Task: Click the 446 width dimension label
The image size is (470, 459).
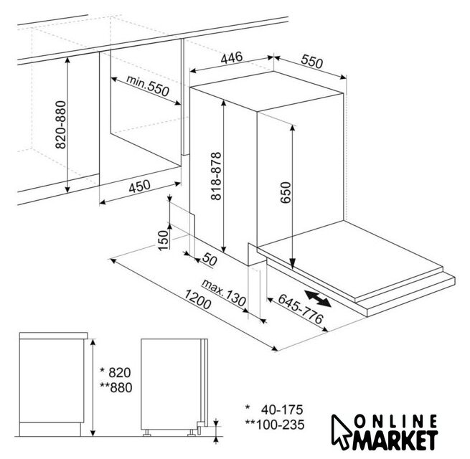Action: (x=231, y=57)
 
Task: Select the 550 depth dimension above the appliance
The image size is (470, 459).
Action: (x=312, y=61)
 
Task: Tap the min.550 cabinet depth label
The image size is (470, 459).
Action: (x=148, y=85)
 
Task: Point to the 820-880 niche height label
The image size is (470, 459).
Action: (x=60, y=125)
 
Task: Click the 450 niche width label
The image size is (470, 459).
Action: (x=139, y=186)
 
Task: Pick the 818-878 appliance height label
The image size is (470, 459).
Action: (x=216, y=176)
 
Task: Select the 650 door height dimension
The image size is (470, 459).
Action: (x=286, y=192)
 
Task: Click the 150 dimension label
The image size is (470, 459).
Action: (x=163, y=240)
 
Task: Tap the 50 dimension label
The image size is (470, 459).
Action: (x=210, y=259)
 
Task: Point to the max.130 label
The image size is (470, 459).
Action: (x=224, y=293)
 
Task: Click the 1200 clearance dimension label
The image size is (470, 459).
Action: (x=197, y=300)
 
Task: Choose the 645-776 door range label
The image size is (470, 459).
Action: (x=301, y=308)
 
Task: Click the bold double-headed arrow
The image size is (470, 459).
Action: (x=318, y=298)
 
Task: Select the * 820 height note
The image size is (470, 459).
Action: (x=116, y=372)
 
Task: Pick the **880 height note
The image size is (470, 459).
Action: (x=116, y=388)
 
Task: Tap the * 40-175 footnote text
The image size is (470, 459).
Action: (x=274, y=410)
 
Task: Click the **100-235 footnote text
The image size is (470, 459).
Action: (x=275, y=425)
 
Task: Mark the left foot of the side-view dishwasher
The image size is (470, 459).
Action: (x=146, y=433)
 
